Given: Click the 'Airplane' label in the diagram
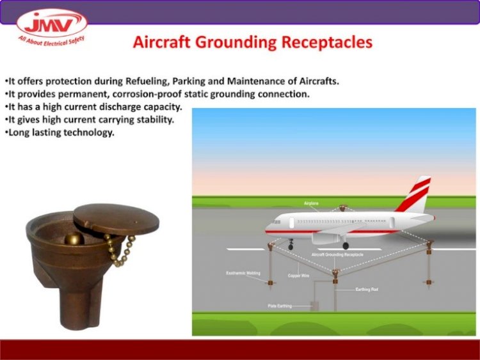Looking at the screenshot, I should click(x=311, y=203).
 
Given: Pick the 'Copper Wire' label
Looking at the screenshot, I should click(x=298, y=276).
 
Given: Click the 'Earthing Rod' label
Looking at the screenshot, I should click(x=367, y=290).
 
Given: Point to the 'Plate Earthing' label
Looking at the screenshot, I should click(x=280, y=306).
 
